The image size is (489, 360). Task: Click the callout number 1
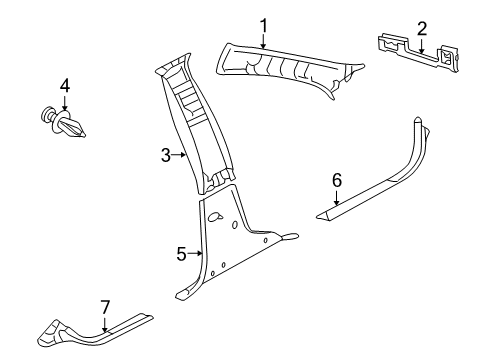264,25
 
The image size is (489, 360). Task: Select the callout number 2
421,28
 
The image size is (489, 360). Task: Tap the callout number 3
165,155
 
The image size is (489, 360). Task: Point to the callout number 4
64,86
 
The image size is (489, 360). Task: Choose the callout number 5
181,254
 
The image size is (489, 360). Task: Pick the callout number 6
337,180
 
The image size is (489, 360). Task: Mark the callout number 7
104,306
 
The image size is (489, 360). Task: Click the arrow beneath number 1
264,41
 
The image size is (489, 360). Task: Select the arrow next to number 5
196,254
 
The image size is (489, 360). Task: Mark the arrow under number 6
337,197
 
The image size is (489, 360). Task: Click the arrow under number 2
421,44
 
